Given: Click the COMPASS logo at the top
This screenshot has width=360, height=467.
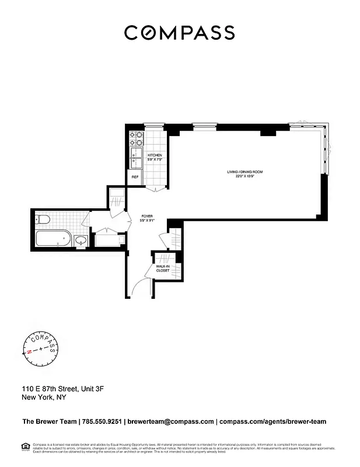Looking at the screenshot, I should pos(180,33).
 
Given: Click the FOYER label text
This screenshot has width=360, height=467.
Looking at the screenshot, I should pos(146,218).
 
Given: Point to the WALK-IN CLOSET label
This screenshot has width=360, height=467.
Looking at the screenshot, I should pos(163,269).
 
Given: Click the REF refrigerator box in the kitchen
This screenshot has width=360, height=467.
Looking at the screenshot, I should pos(135,177).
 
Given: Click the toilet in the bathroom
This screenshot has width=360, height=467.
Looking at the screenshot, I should pos(41,220).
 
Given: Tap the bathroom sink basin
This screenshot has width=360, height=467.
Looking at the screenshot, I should pos(81,240).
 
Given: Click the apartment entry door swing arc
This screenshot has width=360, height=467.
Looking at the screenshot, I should pos(140,287).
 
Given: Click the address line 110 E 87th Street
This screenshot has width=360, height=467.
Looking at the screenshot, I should pos(62,388).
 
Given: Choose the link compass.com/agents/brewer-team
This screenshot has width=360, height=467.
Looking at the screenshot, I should pos(273,421).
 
